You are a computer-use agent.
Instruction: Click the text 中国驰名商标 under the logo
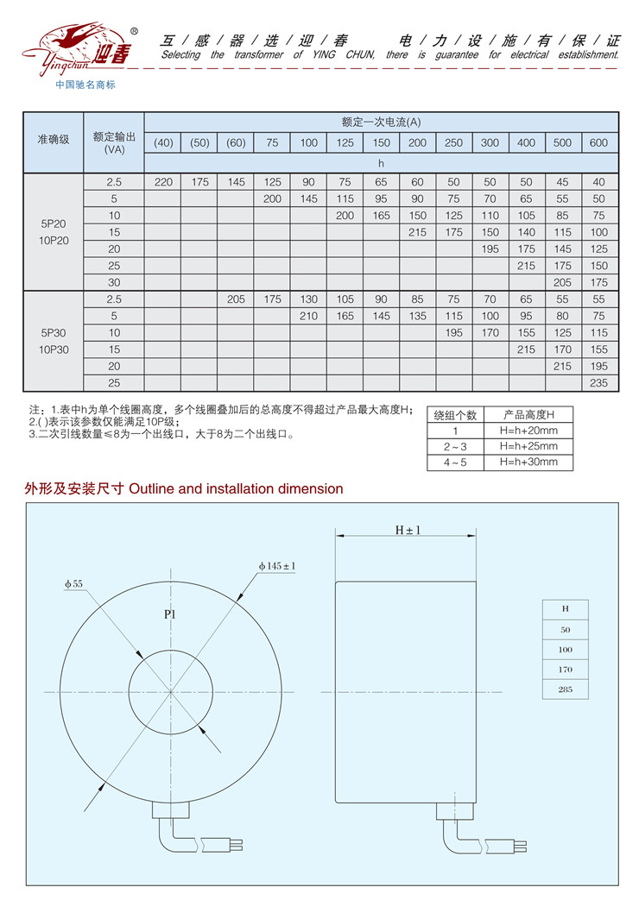pos(85,85)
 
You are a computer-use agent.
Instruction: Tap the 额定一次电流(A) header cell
pos(381,122)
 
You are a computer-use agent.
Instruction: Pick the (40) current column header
pos(163,142)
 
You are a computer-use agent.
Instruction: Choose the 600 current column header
pos(599,142)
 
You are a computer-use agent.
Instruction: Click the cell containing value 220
pos(163,182)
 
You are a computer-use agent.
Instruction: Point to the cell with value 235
pos(599,382)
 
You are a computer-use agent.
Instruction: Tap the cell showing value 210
pos(308,316)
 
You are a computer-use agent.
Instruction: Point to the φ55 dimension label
pos(73,584)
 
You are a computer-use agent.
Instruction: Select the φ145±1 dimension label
pos(276,566)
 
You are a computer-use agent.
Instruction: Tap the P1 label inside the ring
pos(169,615)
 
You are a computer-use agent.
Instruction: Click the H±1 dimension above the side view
pos(407,530)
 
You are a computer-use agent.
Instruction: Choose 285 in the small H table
pos(566,689)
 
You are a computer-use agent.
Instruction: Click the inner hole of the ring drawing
pos(170,690)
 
